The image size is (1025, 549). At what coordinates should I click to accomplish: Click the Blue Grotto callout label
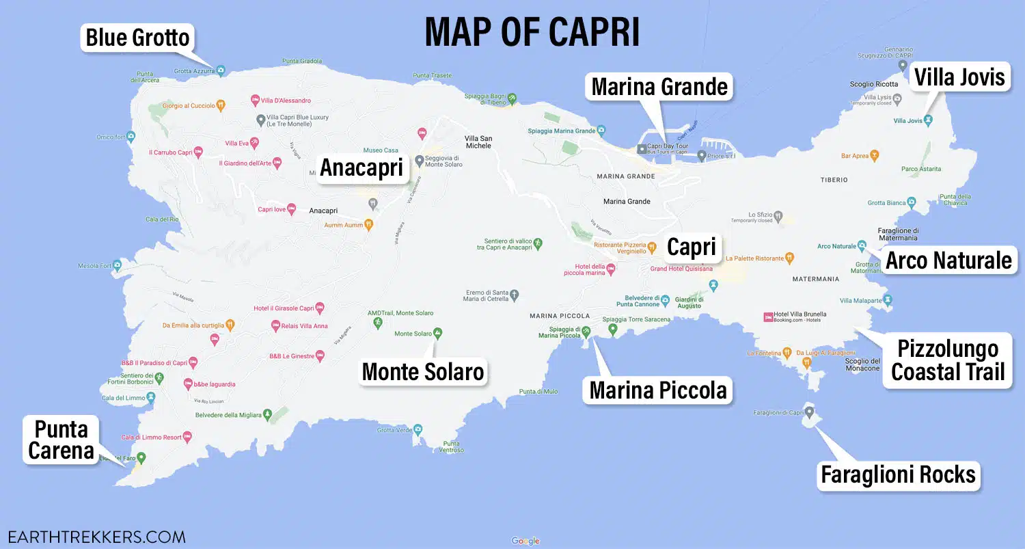click(x=137, y=37)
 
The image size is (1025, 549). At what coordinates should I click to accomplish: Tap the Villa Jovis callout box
click(x=959, y=77)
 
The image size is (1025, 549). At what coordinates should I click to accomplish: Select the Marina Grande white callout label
click(x=659, y=87)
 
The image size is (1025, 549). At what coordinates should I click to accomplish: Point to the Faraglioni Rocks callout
click(x=898, y=474)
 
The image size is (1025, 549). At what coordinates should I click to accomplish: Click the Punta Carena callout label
click(x=61, y=440)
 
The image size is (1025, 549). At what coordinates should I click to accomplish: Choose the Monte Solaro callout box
click(x=422, y=371)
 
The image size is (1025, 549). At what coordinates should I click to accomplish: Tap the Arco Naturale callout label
click(x=948, y=260)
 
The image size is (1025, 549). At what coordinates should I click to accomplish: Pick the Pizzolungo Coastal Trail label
click(x=947, y=360)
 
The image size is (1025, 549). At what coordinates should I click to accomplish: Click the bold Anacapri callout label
click(x=361, y=168)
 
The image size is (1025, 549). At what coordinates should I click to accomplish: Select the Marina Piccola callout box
click(x=657, y=390)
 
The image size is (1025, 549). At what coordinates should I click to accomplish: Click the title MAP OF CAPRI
click(x=532, y=31)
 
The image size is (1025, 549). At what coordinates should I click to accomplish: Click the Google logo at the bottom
click(x=525, y=541)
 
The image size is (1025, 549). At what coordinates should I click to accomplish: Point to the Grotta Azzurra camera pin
click(x=221, y=70)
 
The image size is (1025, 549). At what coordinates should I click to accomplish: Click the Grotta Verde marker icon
click(x=418, y=429)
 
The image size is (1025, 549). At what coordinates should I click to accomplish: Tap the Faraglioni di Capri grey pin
click(x=809, y=412)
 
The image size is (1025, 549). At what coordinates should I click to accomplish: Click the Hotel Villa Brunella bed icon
click(x=768, y=317)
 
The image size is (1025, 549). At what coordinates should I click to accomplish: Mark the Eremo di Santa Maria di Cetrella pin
click(x=515, y=295)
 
